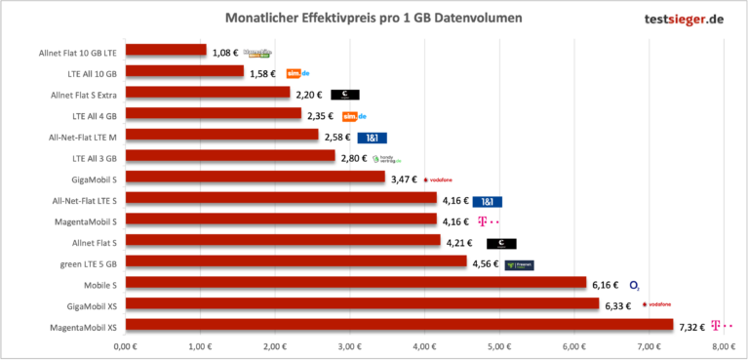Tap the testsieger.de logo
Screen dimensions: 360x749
pyautogui.click(x=671, y=19)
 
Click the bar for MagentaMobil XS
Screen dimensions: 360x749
pyautogui.click(x=399, y=325)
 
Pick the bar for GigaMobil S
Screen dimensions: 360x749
pyautogui.click(x=255, y=178)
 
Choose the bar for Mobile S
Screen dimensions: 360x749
pyautogui.click(x=355, y=283)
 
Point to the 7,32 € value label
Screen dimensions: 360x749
pyautogui.click(x=691, y=326)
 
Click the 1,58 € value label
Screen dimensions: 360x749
pyautogui.click(x=261, y=73)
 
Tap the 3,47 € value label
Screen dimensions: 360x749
pyautogui.click(x=403, y=179)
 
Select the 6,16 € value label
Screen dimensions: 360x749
pyautogui.click(x=605, y=284)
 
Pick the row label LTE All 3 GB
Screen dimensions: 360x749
pyautogui.click(x=95, y=157)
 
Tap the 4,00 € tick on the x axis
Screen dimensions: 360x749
pyautogui.click(x=423, y=346)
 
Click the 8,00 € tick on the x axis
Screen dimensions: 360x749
pyautogui.click(x=723, y=346)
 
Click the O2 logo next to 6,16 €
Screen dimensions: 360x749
pyautogui.click(x=634, y=285)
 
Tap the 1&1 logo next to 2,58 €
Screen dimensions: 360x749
pyautogui.click(x=372, y=137)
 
